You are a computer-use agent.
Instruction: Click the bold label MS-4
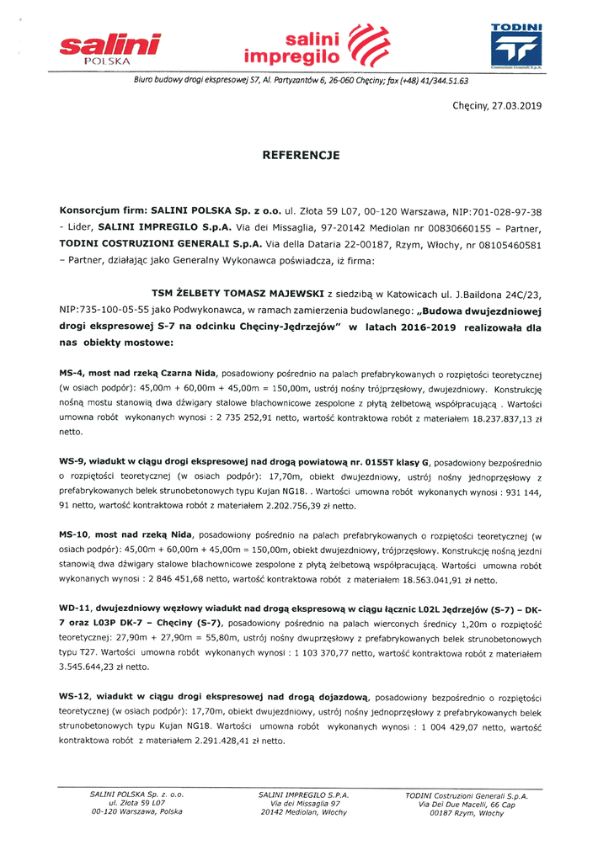pyautogui.click(x=73, y=373)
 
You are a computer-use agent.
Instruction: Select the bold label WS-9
pyautogui.click(x=73, y=464)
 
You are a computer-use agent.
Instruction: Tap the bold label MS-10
pyautogui.click(x=76, y=535)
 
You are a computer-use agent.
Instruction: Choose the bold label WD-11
pyautogui.click(x=76, y=607)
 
